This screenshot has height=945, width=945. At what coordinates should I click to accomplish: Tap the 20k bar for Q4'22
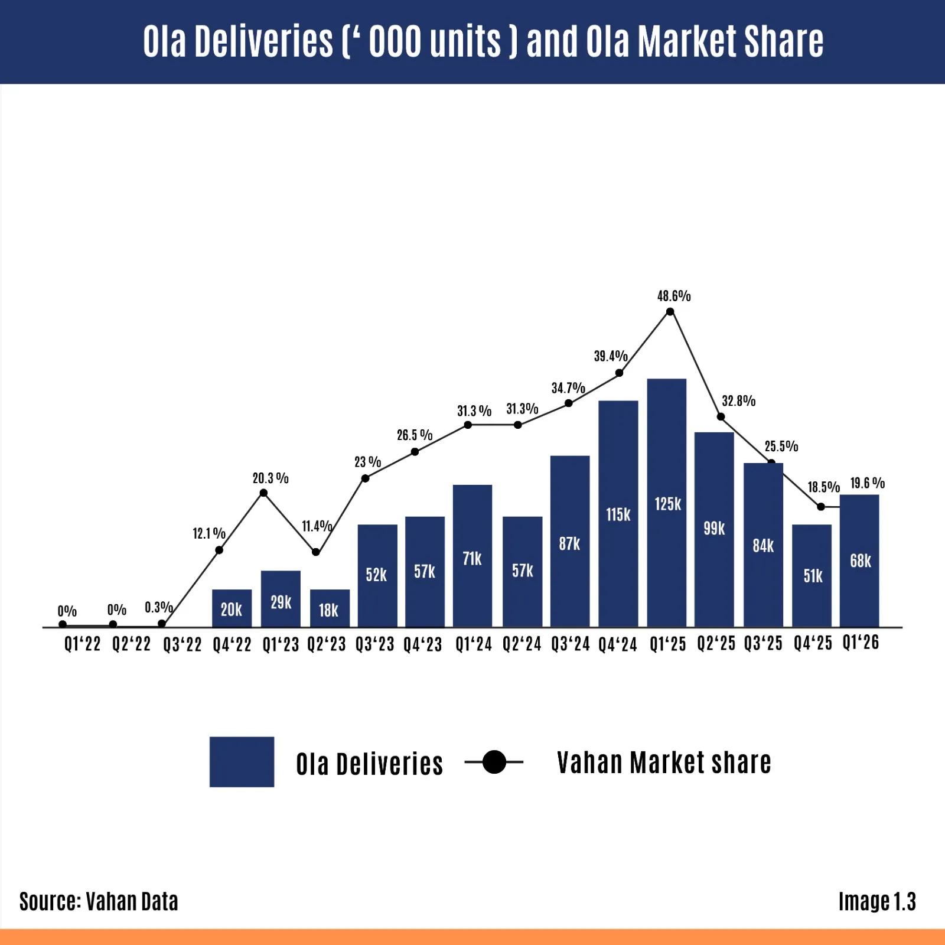coord(232,608)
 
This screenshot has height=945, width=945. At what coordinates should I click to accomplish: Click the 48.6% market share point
coord(670,312)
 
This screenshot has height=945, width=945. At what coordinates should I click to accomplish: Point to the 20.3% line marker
coord(263,493)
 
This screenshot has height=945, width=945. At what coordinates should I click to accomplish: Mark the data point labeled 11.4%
coord(316,552)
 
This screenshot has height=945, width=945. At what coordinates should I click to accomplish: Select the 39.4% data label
coord(610,356)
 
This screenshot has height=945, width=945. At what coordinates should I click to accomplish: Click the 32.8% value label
coord(738,401)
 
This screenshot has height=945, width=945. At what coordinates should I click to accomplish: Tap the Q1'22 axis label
coord(82,644)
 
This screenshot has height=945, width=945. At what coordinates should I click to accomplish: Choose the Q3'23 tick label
coord(374,644)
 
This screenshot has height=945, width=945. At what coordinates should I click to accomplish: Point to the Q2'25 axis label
coord(716,644)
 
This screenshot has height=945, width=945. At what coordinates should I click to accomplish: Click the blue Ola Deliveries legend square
coord(242,762)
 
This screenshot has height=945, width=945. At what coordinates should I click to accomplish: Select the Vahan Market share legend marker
coord(494,762)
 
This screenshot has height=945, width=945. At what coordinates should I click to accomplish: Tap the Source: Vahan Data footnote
coord(99,902)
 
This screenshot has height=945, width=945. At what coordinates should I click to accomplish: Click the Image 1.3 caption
coord(877,902)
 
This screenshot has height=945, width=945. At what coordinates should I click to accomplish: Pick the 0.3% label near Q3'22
coord(158,607)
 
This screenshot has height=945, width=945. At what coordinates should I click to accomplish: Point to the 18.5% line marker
coord(821,507)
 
